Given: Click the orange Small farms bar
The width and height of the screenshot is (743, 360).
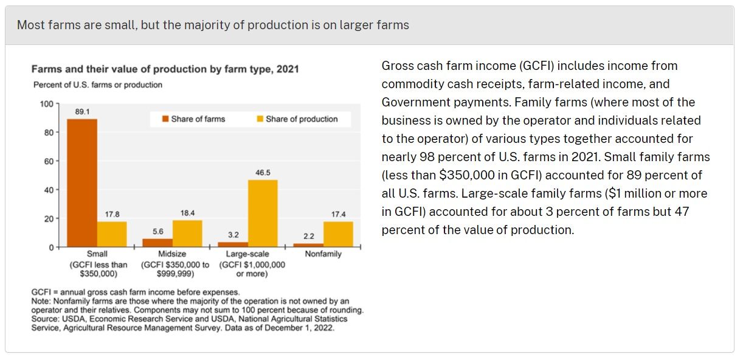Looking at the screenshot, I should (82, 182).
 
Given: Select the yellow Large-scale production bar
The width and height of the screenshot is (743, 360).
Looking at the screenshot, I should (263, 213).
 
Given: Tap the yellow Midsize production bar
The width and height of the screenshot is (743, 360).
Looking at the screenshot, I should (187, 234).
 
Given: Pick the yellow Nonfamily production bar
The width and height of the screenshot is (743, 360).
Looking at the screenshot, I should (338, 234).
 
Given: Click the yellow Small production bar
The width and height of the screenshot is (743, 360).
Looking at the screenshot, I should (112, 234).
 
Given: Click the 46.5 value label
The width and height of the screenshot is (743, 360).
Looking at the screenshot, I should (263, 173).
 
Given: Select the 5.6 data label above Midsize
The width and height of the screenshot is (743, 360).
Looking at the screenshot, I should (158, 231).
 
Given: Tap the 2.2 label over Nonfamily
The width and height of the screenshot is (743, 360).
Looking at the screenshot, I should (309, 236).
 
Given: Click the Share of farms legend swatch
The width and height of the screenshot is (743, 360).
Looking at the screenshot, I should (165, 119).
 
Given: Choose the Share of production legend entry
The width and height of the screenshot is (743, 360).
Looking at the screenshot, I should (297, 119).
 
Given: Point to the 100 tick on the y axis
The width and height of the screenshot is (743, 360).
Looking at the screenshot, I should (47, 103).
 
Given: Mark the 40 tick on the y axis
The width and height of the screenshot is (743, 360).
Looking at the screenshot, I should (49, 190).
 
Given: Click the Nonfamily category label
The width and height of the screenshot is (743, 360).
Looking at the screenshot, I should (323, 254).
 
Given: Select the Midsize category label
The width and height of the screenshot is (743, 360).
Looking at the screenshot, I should (173, 254).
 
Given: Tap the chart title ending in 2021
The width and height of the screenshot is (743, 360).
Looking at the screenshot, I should (165, 69).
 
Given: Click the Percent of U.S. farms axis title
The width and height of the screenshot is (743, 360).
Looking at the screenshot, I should (97, 85).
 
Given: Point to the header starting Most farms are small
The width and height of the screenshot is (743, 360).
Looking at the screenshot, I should (213, 25).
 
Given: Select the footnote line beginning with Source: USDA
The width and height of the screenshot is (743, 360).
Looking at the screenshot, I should (189, 319).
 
